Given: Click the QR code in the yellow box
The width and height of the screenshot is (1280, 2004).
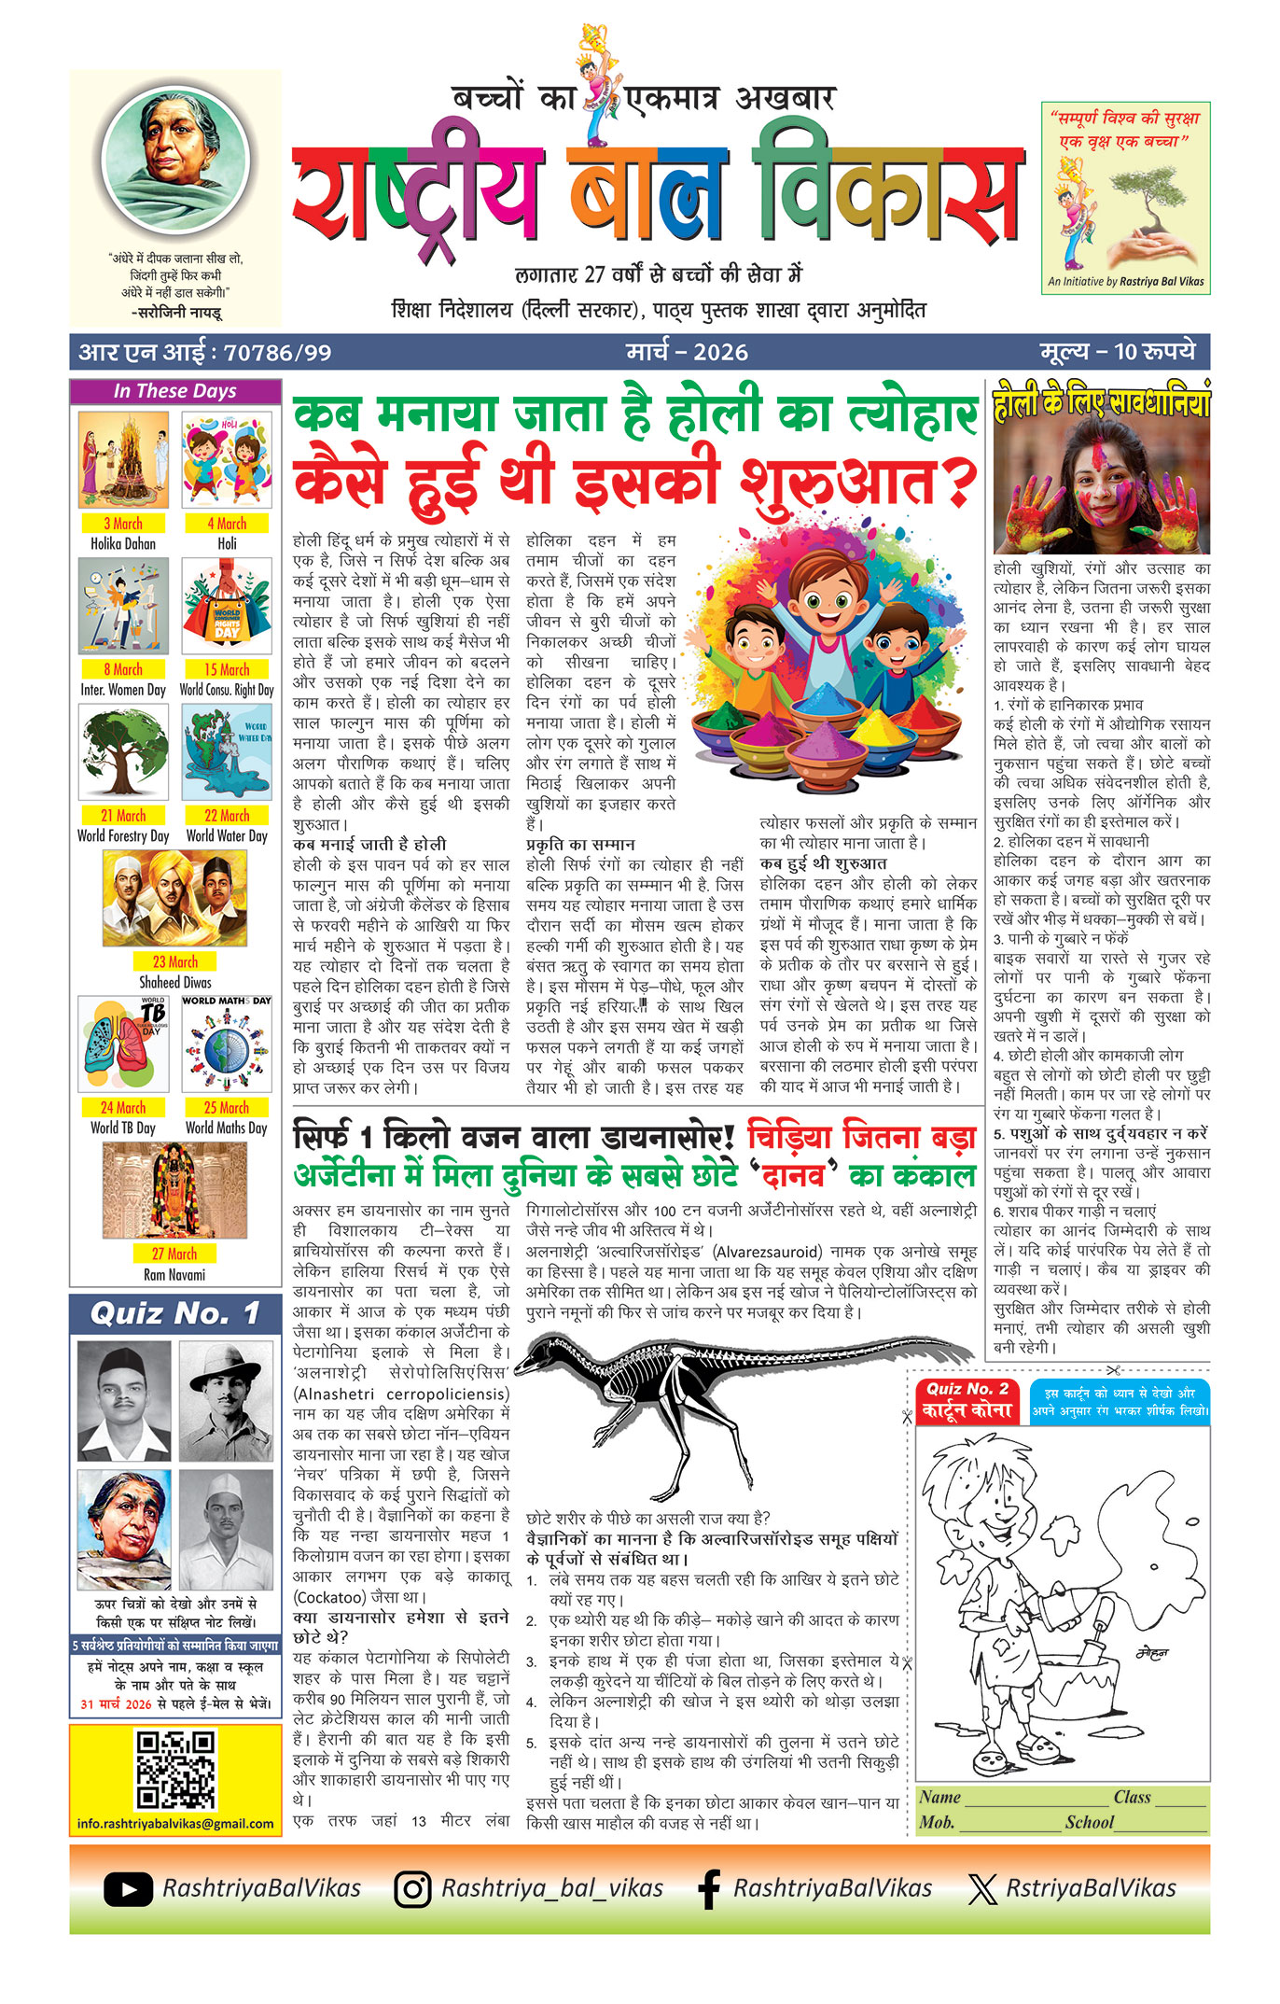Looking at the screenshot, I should click(x=175, y=1770).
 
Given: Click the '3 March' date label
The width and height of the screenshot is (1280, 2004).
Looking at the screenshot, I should click(x=123, y=524).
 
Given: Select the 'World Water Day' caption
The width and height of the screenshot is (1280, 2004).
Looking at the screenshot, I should click(x=227, y=835).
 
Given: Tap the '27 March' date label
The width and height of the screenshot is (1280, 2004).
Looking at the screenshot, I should click(x=174, y=1254).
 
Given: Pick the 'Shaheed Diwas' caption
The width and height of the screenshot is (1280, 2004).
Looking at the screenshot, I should click(x=174, y=982).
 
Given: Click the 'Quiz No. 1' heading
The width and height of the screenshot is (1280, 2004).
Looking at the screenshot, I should click(x=175, y=1314).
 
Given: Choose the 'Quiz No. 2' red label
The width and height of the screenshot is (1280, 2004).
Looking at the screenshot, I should click(x=967, y=1389).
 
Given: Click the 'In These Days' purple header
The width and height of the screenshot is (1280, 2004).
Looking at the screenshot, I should click(x=175, y=391).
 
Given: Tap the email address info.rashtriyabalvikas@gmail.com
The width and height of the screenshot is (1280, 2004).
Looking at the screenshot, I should click(x=175, y=1823).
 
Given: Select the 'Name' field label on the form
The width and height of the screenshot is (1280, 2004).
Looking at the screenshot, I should click(x=939, y=1797).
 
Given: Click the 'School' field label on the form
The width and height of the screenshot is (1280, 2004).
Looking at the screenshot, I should click(x=1090, y=1822).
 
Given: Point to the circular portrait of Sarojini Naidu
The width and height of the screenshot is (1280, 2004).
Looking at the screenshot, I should click(x=175, y=160).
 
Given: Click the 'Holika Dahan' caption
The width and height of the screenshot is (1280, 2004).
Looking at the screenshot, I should click(x=123, y=543).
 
